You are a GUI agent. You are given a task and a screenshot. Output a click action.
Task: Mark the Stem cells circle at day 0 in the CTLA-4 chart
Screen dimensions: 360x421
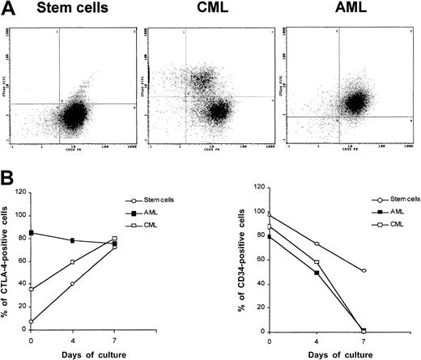(x=30, y=321)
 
